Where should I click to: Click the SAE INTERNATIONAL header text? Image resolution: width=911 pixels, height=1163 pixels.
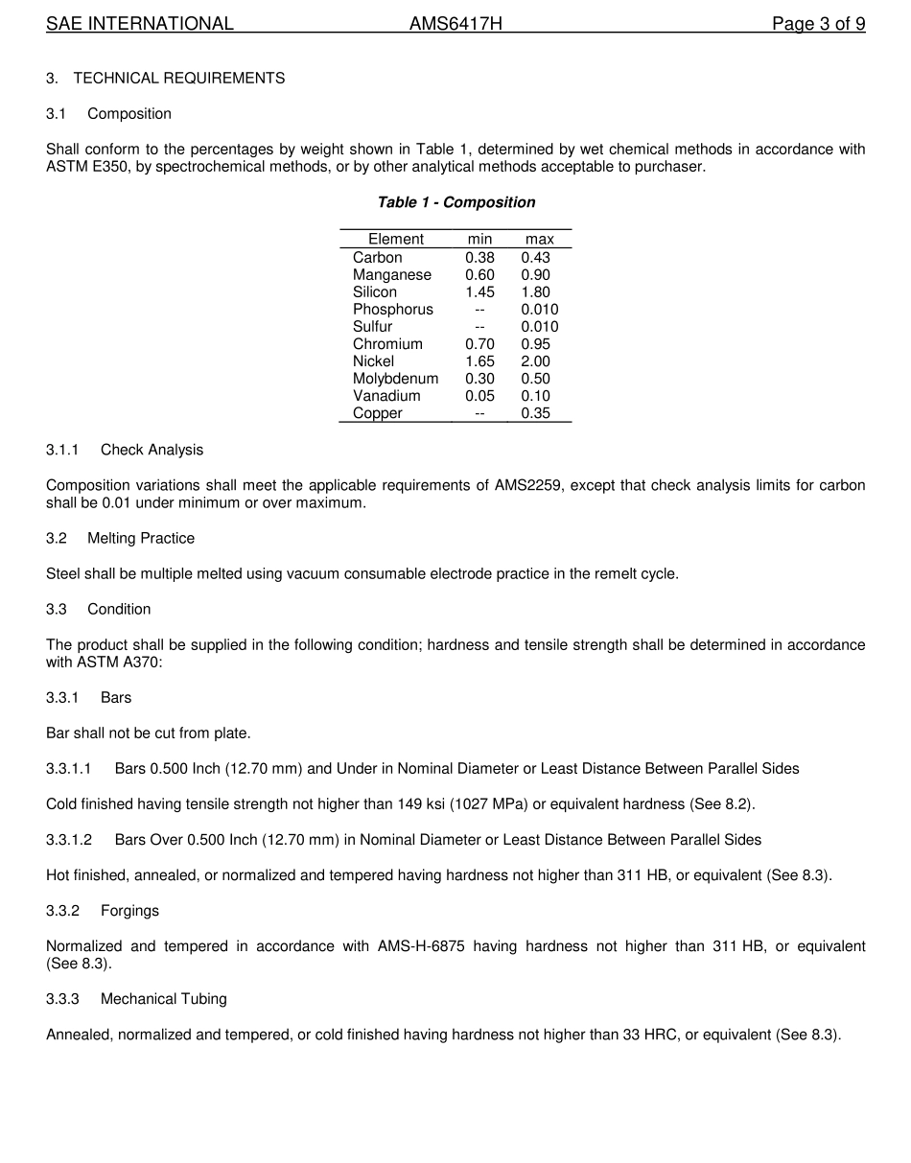tap(140, 24)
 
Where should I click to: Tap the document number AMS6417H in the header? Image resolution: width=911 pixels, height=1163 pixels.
tap(455, 24)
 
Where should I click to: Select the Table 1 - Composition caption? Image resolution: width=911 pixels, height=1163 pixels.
tap(455, 202)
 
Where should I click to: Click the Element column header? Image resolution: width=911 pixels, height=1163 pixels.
tap(395, 239)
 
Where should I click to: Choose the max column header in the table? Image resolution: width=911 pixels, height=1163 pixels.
tap(539, 239)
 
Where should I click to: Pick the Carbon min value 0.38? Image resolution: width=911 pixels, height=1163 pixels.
tap(479, 258)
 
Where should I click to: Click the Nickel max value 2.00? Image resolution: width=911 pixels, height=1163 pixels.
tap(535, 361)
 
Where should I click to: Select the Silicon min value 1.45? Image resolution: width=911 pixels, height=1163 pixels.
tap(479, 292)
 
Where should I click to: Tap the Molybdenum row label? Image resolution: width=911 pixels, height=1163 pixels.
tap(395, 379)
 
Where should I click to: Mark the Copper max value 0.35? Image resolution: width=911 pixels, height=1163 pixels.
tap(535, 413)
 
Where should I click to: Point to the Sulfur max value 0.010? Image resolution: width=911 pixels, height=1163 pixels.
tap(539, 327)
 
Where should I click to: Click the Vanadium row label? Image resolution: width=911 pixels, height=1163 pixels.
tap(386, 396)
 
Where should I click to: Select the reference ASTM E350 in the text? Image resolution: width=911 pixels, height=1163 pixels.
tap(87, 167)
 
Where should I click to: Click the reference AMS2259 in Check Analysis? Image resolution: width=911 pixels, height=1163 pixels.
tap(527, 485)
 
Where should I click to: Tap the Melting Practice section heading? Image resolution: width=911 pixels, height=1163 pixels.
tap(141, 538)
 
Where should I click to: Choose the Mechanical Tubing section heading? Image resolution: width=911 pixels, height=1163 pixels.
tap(164, 999)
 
